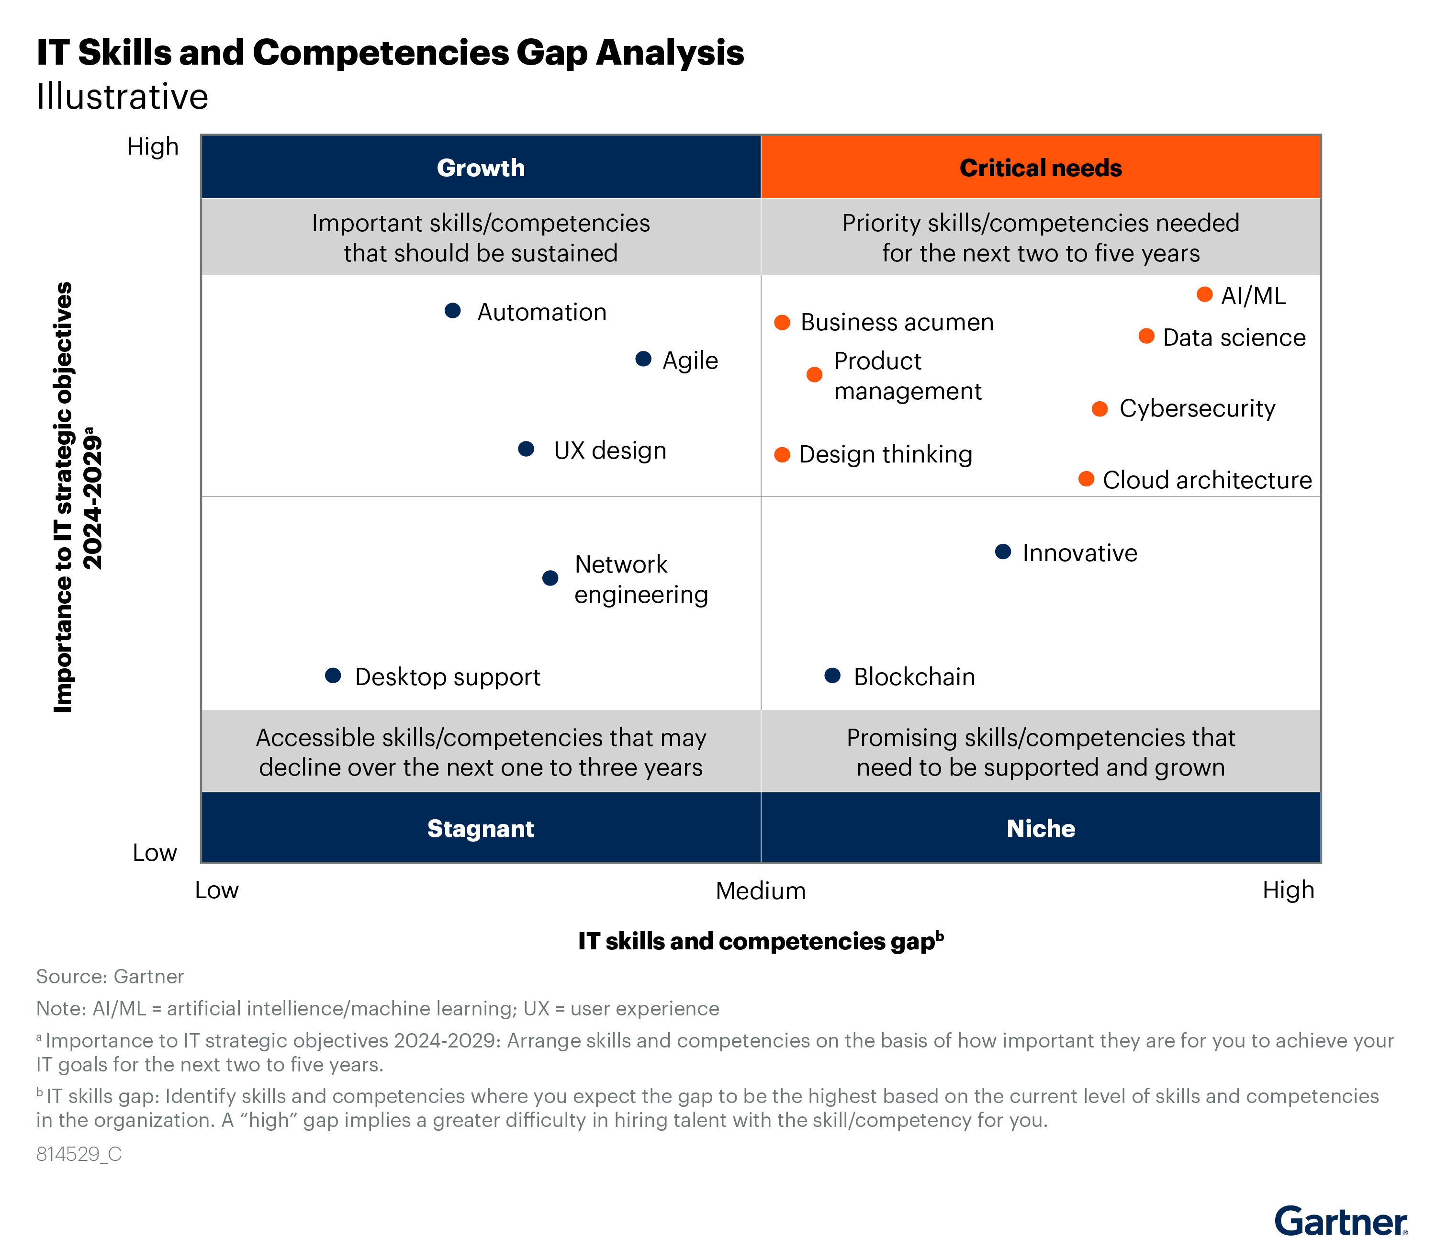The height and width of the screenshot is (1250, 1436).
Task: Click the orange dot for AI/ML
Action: pos(1204,294)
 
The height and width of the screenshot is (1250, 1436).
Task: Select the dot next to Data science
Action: pos(1146,336)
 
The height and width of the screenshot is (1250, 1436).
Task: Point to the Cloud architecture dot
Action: pos(1086,479)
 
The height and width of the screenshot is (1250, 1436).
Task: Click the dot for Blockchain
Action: pos(832,675)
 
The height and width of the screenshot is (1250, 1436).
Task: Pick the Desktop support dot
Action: pos(333,675)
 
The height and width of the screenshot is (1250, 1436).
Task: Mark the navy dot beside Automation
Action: pos(453,310)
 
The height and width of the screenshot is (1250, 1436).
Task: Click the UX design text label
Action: pos(609,450)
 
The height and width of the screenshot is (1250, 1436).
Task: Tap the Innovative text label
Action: pos(1079,553)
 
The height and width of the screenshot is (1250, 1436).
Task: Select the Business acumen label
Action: pos(897,322)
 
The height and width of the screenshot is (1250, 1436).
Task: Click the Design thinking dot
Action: pos(783,455)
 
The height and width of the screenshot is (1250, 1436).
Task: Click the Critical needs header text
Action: pos(1041,168)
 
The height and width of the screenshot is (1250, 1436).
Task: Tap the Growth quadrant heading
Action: pos(481,168)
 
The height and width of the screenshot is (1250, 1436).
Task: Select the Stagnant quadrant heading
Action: pos(481,829)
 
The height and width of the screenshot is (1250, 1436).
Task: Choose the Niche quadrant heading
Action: pos(1041,829)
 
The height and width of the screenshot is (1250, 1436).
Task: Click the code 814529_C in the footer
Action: pos(79,1154)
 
